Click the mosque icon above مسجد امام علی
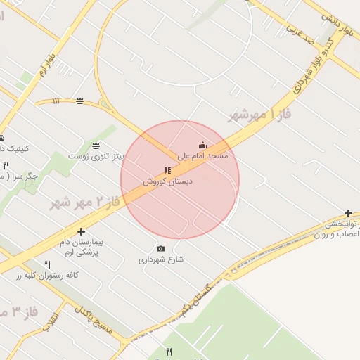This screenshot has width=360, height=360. click(202, 146)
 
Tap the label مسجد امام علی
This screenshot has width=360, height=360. click(202, 155)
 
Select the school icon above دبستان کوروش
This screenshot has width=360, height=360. click(167, 170)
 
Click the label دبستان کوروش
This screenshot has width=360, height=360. click(168, 181)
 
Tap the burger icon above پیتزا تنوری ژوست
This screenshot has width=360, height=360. click(95, 145)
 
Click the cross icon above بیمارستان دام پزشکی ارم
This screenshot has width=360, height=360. click(82, 231)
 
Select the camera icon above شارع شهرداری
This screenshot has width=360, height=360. click(160, 248)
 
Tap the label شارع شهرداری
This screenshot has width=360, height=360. click(160, 259)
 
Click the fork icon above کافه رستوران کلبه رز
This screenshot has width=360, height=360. click(48, 264)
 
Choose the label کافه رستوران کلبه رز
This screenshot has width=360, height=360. click(48, 275)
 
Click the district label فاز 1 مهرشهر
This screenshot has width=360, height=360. click(259, 114)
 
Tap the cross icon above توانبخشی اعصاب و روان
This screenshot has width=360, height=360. click(348, 214)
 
